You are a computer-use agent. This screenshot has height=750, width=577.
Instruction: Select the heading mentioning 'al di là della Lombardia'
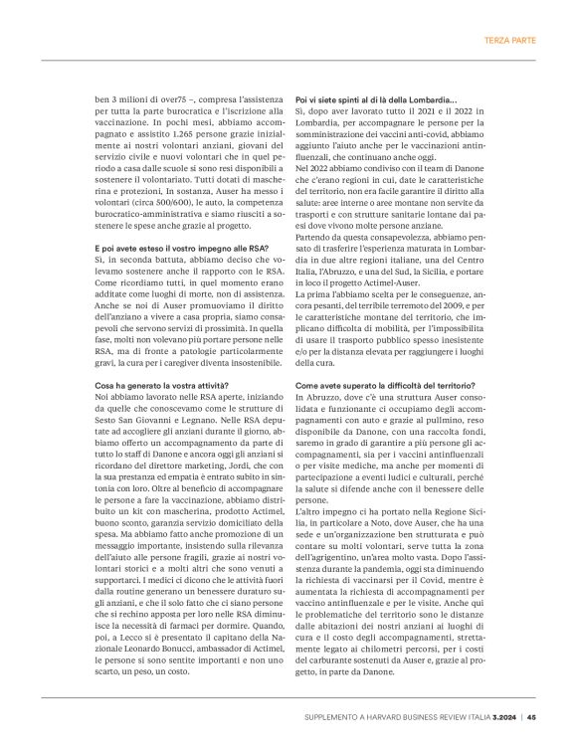[x=376, y=101]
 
